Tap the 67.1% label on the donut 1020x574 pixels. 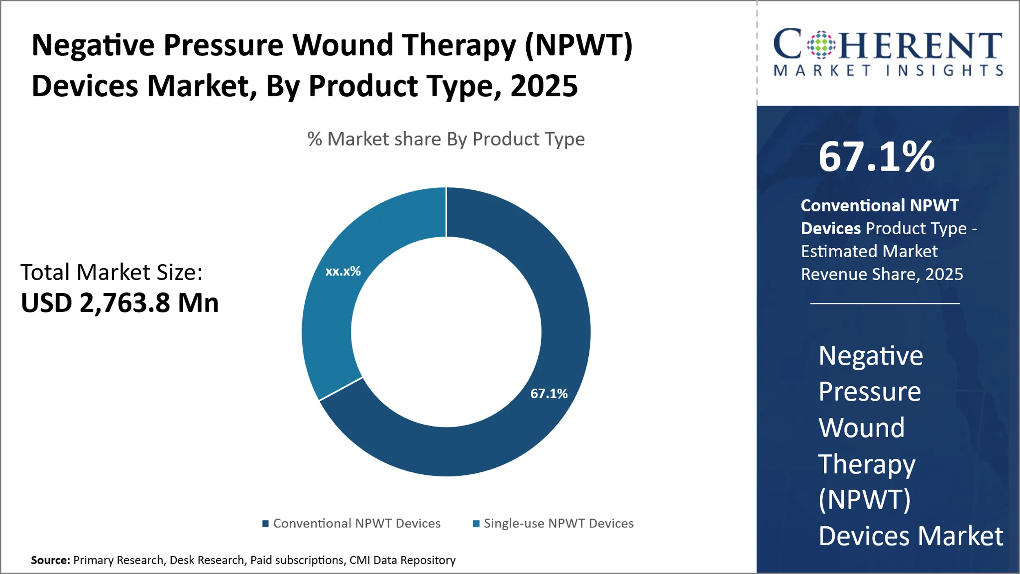(x=549, y=394)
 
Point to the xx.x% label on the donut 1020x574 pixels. (x=343, y=271)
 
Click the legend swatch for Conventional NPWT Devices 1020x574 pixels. (x=265, y=523)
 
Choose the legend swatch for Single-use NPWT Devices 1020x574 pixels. (x=476, y=523)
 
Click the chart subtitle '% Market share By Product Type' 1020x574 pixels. (x=446, y=139)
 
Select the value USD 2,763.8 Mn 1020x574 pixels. (x=120, y=303)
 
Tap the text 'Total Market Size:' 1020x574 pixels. (x=111, y=272)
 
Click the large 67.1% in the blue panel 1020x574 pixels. (x=876, y=157)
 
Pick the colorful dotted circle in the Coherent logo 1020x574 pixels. (x=821, y=44)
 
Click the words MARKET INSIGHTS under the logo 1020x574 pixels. (x=888, y=71)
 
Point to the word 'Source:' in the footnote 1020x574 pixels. (x=51, y=560)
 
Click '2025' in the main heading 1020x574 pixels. (x=544, y=86)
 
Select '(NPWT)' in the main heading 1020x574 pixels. (x=579, y=45)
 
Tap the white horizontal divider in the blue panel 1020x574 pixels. (x=885, y=303)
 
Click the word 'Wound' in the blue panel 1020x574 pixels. (x=862, y=428)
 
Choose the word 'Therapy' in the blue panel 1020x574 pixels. (x=867, y=464)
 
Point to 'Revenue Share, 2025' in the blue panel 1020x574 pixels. (x=882, y=274)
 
